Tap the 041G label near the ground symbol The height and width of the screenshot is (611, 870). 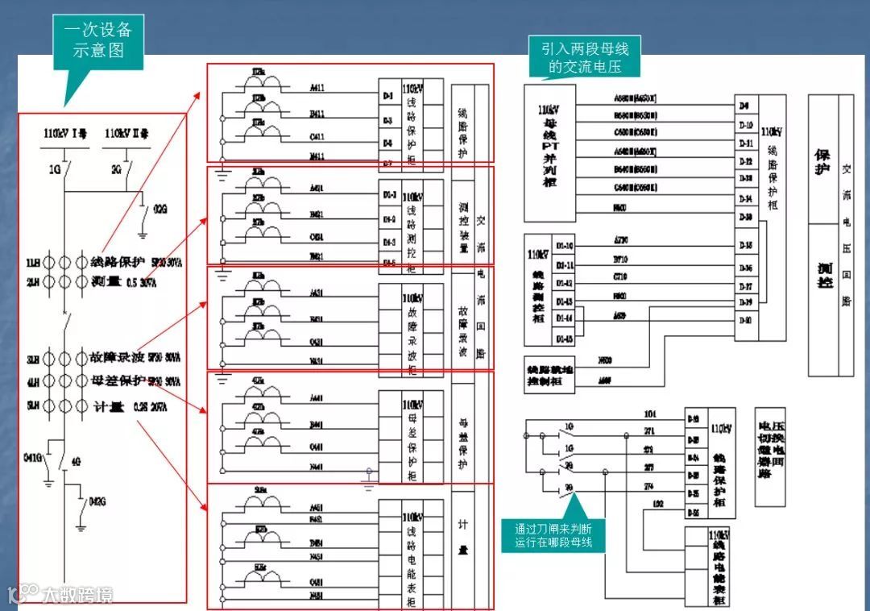pos(33,458)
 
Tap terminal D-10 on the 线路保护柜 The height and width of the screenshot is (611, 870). pos(745,125)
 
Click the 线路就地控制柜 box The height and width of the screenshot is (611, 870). pos(549,373)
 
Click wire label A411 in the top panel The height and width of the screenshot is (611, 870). pos(317,86)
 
